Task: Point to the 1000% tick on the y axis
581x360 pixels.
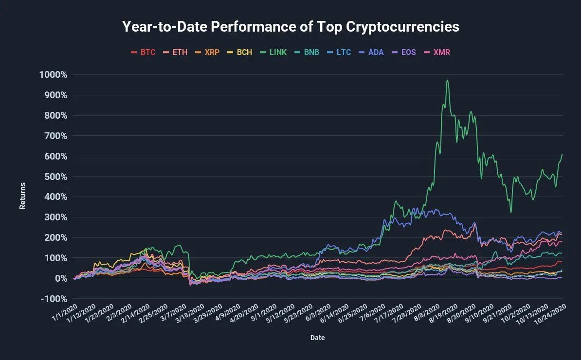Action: click(54, 74)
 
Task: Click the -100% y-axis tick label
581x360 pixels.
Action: click(54, 298)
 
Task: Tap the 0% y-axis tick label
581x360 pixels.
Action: click(60, 278)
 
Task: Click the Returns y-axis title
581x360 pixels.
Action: click(22, 196)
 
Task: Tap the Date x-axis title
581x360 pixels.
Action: click(317, 338)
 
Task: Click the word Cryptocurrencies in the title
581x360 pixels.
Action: click(402, 26)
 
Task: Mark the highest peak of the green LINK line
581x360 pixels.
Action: click(447, 80)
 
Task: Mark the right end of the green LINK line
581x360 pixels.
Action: click(562, 155)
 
